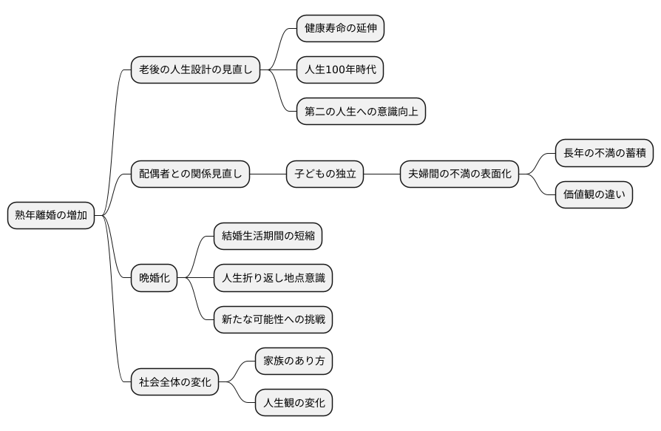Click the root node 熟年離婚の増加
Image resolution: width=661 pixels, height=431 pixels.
(51, 216)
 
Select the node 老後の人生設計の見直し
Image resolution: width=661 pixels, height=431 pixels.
(195, 70)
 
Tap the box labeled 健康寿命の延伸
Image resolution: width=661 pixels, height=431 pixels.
(340, 29)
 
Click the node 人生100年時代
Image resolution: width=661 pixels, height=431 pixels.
(340, 70)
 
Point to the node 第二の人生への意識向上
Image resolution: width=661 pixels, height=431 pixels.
(361, 112)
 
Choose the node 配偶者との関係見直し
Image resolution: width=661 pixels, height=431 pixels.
(190, 174)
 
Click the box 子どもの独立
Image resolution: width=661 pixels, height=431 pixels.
(325, 174)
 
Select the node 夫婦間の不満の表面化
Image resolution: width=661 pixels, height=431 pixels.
(459, 174)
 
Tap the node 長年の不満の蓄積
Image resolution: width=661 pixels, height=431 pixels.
(604, 154)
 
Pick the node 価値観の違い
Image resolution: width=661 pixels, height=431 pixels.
(594, 195)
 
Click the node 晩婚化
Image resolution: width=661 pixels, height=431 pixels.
(155, 278)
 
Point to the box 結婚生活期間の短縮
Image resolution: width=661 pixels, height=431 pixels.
(268, 237)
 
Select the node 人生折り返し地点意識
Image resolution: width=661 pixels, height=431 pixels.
(273, 278)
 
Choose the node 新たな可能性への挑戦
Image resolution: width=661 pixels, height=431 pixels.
(273, 319)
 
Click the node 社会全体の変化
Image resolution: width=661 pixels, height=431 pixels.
(174, 382)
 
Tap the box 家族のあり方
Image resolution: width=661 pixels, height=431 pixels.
(294, 362)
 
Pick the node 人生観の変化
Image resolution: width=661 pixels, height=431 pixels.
(294, 403)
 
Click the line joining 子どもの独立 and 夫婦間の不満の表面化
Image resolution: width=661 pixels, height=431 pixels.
(382, 174)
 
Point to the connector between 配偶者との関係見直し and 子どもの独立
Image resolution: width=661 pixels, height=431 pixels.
(268, 174)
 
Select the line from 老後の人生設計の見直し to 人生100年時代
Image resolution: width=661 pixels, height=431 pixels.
(282, 70)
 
